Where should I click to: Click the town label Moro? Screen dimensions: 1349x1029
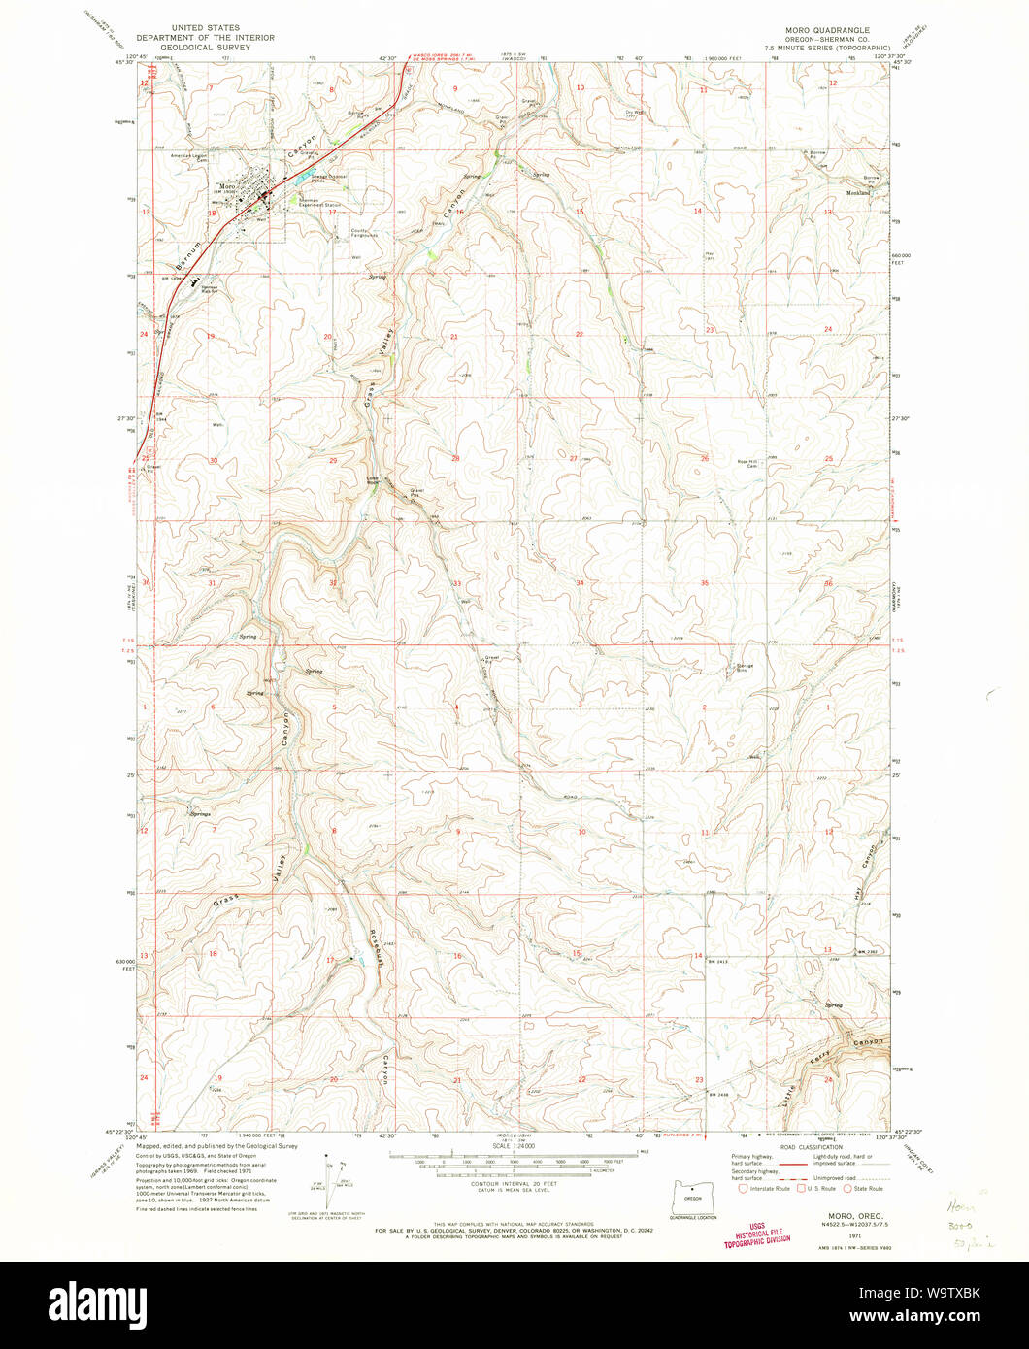tap(228, 185)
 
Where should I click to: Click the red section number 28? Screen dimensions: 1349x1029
tap(453, 457)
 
